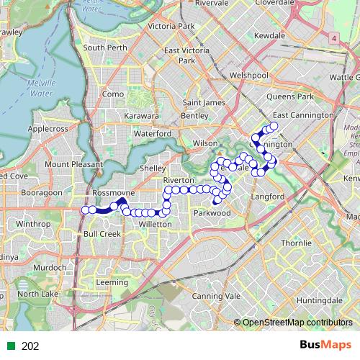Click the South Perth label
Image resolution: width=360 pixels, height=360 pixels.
tap(105, 48)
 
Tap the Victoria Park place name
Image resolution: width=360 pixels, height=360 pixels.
tap(171, 27)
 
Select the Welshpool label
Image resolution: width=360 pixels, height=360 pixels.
tap(248, 75)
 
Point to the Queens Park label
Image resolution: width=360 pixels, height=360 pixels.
tap(290, 96)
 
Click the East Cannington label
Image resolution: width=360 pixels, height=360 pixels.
tap(302, 115)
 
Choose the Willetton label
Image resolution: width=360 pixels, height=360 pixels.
tap(155, 225)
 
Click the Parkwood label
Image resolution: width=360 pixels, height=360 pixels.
tap(212, 213)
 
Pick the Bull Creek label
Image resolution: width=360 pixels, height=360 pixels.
tap(101, 235)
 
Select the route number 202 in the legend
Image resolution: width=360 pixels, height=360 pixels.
tap(30, 346)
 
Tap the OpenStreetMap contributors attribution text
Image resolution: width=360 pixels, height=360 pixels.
tap(297, 323)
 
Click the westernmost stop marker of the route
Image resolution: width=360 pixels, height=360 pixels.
tap(85, 210)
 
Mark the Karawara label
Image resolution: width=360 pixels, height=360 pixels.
tap(141, 116)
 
